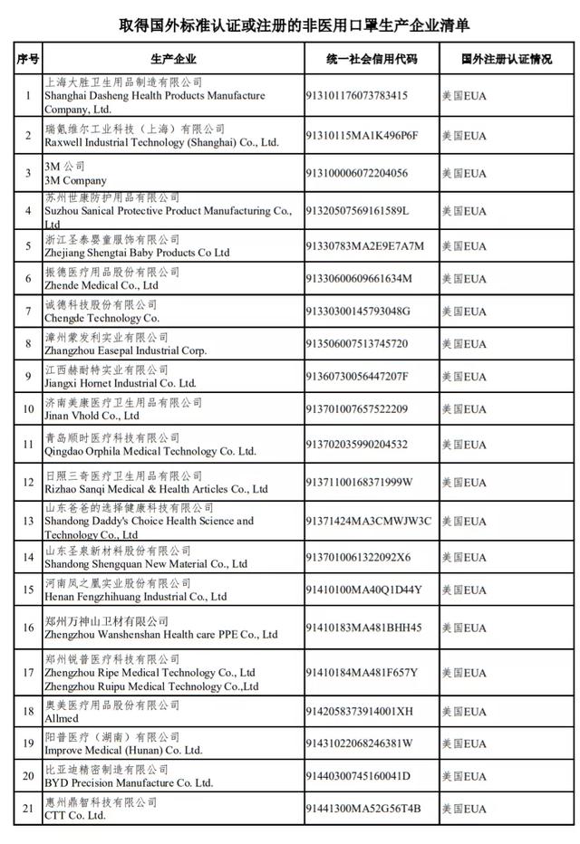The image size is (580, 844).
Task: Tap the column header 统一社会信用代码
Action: [x=372, y=60]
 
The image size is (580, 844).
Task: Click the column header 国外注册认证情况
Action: [x=506, y=60]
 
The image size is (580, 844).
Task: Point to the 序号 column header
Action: [x=27, y=60]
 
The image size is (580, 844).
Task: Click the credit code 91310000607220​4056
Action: [x=367, y=173]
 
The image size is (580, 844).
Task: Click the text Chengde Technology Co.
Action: [x=101, y=318]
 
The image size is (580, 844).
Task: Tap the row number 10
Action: [x=27, y=409]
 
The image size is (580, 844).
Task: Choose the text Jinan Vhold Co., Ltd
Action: [x=92, y=416]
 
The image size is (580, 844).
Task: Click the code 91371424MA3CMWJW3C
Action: [x=379, y=521]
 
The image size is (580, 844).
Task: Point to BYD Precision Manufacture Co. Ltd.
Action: [x=129, y=782]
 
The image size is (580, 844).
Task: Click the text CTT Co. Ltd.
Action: [x=74, y=815]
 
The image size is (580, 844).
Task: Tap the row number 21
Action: [x=27, y=809]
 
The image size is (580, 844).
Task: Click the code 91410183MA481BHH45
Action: [x=373, y=627]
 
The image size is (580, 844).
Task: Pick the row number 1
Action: [x=27, y=95]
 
